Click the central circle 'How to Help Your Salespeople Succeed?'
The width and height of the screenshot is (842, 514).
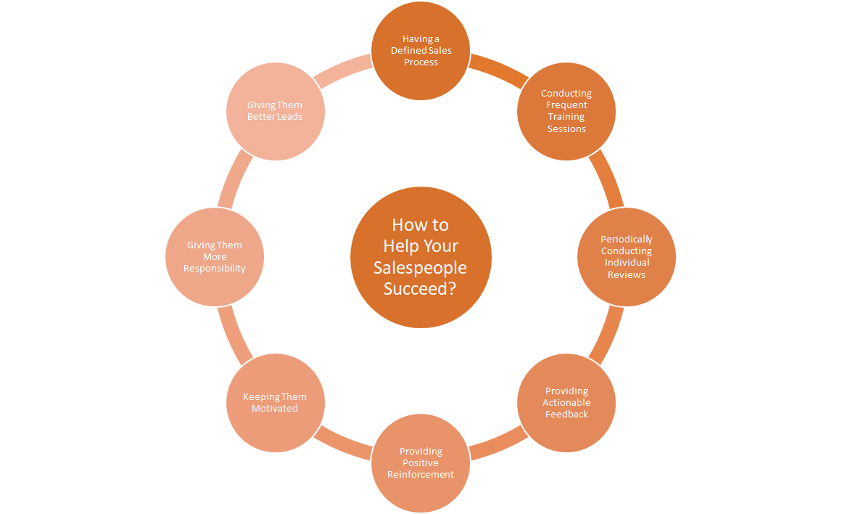point(421,257)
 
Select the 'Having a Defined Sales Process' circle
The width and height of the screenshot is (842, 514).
point(421,51)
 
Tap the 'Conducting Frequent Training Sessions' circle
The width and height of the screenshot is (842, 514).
point(566,111)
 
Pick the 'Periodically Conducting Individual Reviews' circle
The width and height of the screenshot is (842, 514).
point(626,257)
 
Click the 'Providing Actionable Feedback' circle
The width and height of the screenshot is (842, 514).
point(566,402)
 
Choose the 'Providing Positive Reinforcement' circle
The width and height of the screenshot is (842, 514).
point(421,463)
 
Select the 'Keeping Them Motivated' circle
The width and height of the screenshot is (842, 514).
point(275,402)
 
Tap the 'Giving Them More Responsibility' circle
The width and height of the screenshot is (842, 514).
point(215,257)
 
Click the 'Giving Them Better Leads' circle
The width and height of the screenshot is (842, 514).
point(275,111)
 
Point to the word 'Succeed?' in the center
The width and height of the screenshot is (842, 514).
point(421,288)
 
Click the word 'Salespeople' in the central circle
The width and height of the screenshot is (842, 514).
point(421,267)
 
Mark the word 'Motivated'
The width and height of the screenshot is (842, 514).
point(275,409)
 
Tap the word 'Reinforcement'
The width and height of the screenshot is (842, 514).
point(421,475)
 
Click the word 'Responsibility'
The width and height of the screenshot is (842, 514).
point(215,269)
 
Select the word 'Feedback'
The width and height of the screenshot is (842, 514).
point(566,415)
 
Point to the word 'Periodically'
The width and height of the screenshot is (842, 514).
point(626,239)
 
